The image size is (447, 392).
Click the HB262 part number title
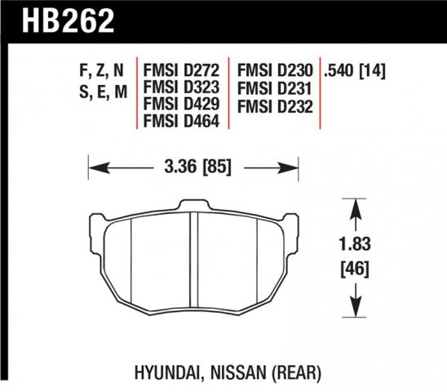click(69, 20)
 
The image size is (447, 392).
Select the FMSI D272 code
click(181, 70)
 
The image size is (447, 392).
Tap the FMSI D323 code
click(181, 87)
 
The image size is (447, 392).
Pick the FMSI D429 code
click(181, 104)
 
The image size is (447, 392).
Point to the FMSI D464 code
click(181, 121)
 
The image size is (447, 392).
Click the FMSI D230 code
click(275, 70)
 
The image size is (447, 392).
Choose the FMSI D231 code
click(274, 89)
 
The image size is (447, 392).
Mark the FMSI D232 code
click(275, 107)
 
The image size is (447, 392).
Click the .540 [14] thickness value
click(355, 71)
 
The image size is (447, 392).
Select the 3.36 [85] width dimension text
click(198, 167)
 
